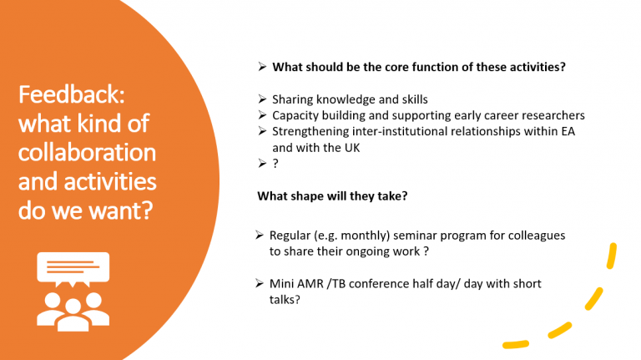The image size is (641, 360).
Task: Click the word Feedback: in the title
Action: [72, 94]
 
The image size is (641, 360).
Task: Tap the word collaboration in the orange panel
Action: [87, 152]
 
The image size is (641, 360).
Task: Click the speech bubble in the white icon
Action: [73, 269]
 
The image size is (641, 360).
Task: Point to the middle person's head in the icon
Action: [73, 307]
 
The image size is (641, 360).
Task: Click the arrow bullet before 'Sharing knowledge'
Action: [262, 99]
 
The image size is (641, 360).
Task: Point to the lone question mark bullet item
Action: [275, 164]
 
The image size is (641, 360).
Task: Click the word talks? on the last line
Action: [285, 300]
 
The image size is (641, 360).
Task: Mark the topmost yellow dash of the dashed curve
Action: [612, 256]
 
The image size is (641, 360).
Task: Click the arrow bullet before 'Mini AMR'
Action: [260, 283]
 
